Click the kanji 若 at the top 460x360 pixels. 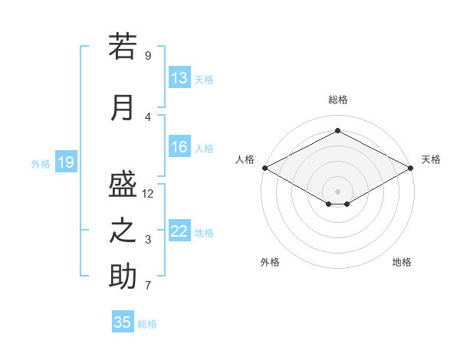pyautogui.click(x=123, y=46)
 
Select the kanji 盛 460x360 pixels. pyautogui.click(x=123, y=184)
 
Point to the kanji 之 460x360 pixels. pyautogui.click(x=123, y=231)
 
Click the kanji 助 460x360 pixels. pyautogui.click(x=123, y=276)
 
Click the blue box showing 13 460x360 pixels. pyautogui.click(x=179, y=77)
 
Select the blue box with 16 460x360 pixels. pyautogui.click(x=179, y=146)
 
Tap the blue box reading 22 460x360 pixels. pyautogui.click(x=179, y=230)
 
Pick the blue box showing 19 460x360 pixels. pyautogui.click(x=66, y=162)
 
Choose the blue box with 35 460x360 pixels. pyautogui.click(x=123, y=321)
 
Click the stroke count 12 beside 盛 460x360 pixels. pyautogui.click(x=147, y=194)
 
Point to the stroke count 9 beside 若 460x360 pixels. pyautogui.click(x=148, y=56)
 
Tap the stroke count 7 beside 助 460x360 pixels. pyautogui.click(x=148, y=285)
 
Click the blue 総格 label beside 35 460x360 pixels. pyautogui.click(x=147, y=324)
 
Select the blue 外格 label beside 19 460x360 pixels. pyautogui.click(x=41, y=164)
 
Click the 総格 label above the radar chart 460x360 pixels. pyautogui.click(x=338, y=100)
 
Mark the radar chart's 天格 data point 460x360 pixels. pyautogui.click(x=411, y=168)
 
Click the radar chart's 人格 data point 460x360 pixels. pyautogui.click(x=265, y=168)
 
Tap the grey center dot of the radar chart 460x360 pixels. pyautogui.click(x=337, y=191)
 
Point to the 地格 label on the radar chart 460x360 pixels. pyautogui.click(x=402, y=262)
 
